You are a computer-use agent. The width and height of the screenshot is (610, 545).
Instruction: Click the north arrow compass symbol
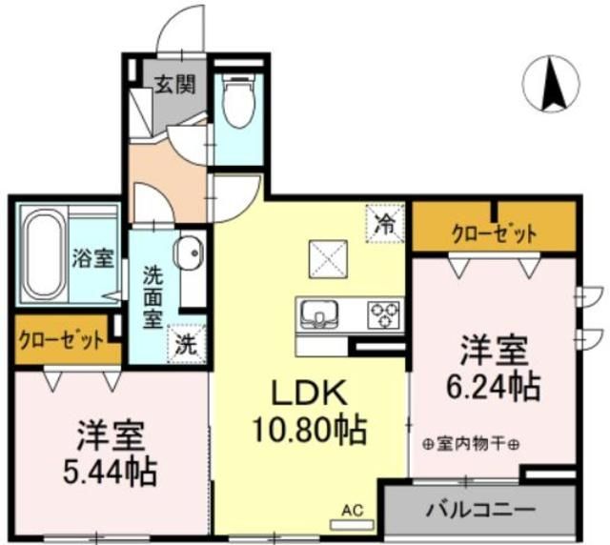point(551,84)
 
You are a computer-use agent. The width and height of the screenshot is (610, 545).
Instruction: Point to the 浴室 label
point(92,257)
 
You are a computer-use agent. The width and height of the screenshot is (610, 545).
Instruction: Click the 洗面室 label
point(152,297)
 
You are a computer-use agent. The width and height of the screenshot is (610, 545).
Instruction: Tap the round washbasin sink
point(188,254)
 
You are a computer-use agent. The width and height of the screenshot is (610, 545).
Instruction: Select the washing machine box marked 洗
point(185,345)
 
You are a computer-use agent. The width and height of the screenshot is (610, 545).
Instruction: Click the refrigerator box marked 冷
point(384,225)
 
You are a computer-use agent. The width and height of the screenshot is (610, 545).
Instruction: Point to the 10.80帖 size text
point(306,431)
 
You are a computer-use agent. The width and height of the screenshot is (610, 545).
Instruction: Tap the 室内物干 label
point(471,442)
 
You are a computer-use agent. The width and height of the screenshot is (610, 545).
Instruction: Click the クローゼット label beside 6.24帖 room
point(493,232)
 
